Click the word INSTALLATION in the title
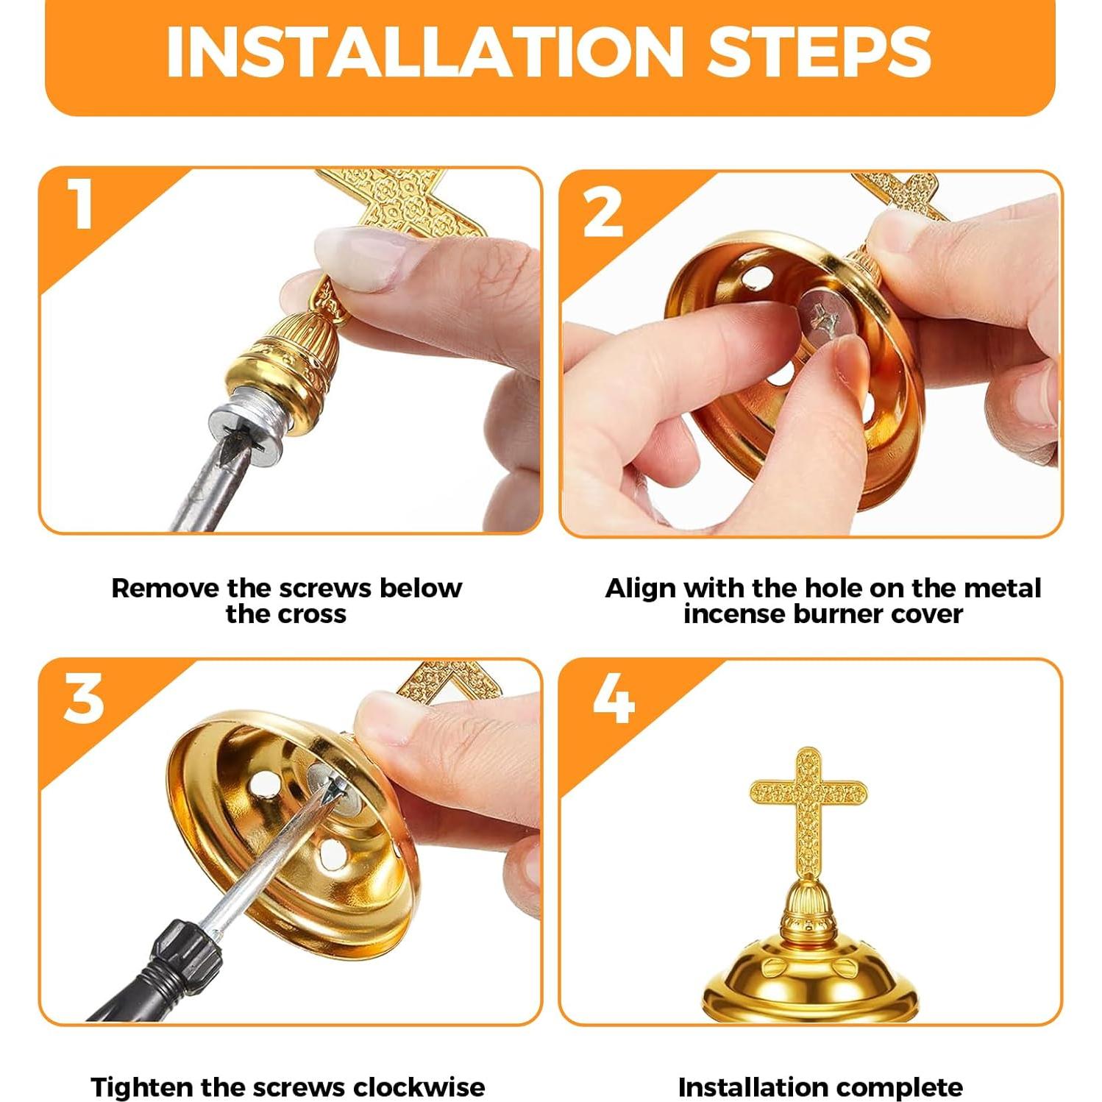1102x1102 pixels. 425,51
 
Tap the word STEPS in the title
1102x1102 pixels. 818,51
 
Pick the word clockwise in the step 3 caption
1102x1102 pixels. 419,1087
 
